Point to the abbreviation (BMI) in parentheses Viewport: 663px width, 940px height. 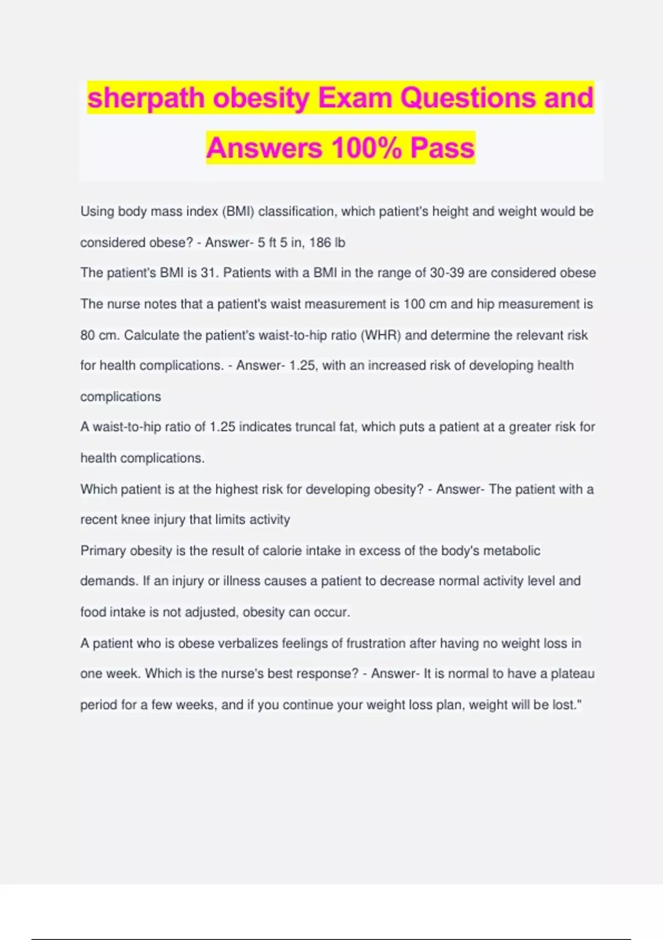(x=238, y=212)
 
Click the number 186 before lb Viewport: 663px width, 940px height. (x=320, y=243)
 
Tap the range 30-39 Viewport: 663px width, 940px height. (x=447, y=273)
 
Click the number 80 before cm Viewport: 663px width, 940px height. (x=87, y=336)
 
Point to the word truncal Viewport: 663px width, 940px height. (x=319, y=427)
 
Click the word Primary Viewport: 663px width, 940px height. (x=103, y=551)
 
